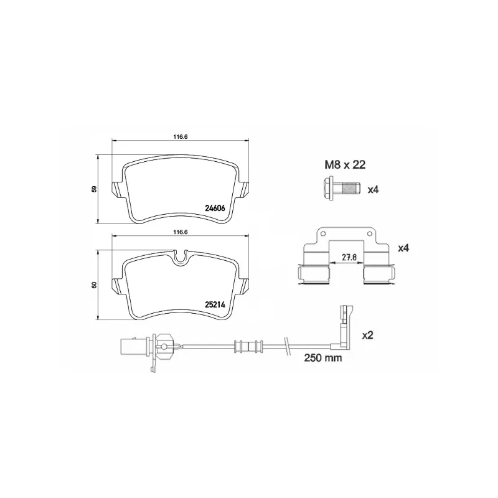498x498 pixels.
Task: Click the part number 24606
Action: point(215,208)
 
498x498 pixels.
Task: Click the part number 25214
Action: point(215,304)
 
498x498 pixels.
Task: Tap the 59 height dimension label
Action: point(94,189)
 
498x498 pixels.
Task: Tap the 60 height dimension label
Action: point(94,285)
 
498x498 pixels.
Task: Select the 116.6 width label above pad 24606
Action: point(181,137)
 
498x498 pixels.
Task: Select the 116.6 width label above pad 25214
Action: point(181,232)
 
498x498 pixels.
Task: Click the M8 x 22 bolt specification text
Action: point(345,165)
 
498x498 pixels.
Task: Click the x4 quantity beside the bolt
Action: point(373,190)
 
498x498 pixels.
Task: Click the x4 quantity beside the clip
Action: point(403,248)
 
